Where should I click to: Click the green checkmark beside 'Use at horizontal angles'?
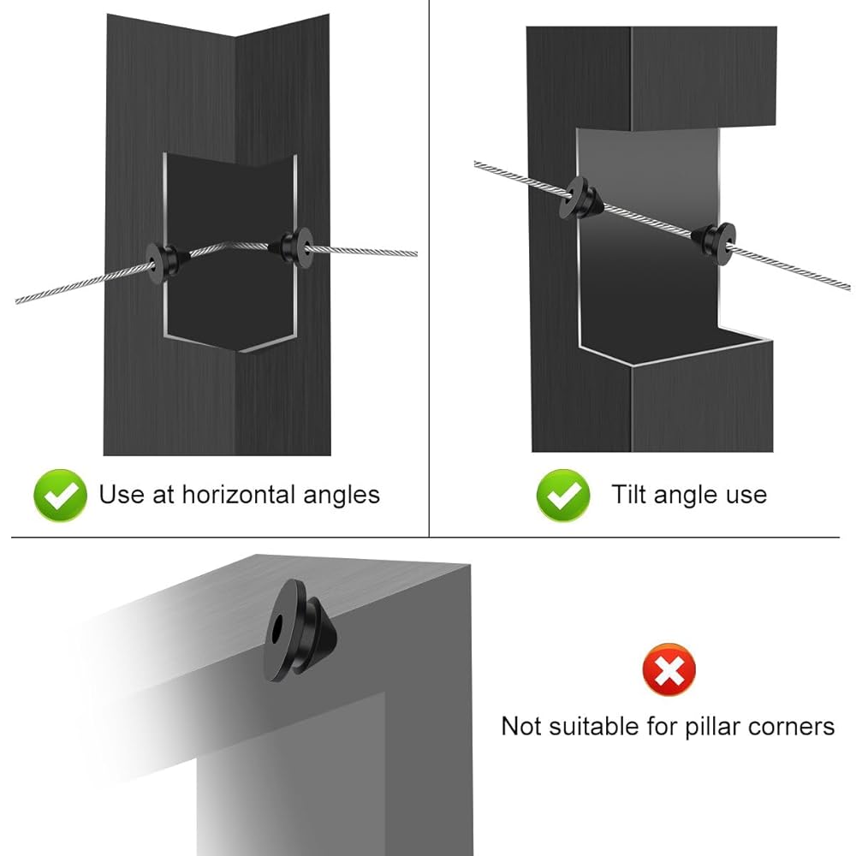[60, 495]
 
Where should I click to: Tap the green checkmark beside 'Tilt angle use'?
[563, 495]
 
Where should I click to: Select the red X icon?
[669, 669]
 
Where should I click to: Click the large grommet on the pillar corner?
[299, 631]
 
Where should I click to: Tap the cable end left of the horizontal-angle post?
[17, 300]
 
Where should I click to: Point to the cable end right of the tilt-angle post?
[847, 287]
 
